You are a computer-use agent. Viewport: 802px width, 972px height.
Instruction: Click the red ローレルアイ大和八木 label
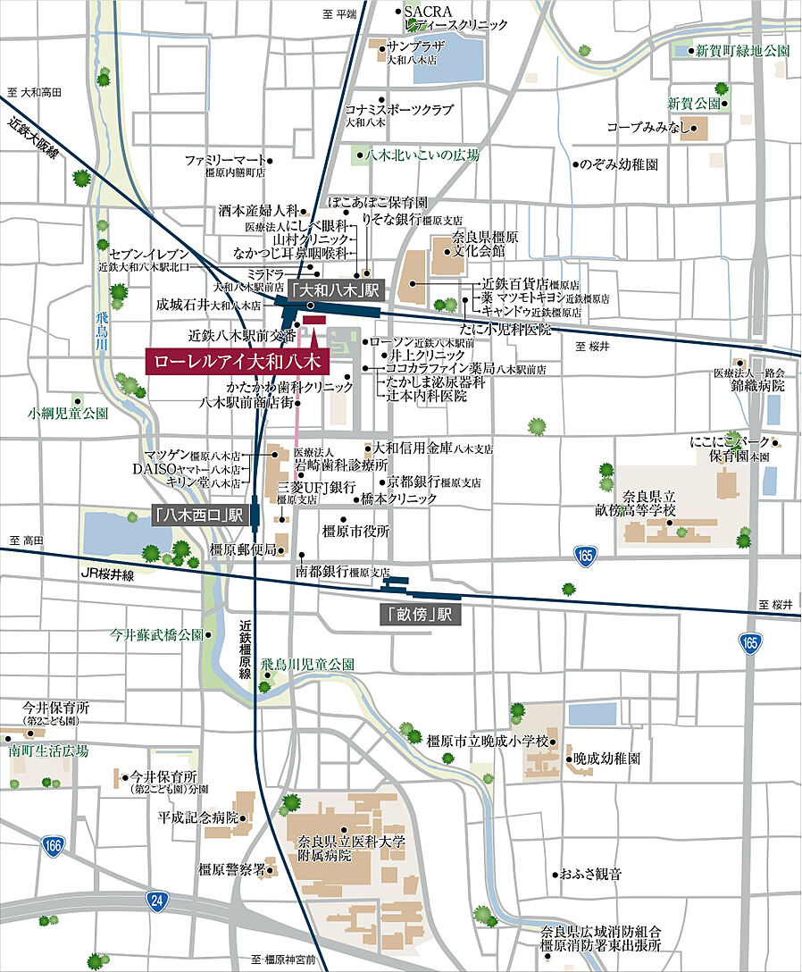point(237,364)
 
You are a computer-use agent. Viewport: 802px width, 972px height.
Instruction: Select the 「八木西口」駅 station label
point(198,515)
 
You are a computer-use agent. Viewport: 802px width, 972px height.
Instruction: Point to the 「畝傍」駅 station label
point(419,615)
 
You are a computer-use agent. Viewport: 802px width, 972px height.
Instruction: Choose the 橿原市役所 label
point(356,531)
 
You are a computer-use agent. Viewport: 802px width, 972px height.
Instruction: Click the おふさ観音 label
point(591,873)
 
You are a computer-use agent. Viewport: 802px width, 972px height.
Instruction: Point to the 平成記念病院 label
point(198,817)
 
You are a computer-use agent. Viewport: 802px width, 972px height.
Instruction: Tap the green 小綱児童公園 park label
point(68,414)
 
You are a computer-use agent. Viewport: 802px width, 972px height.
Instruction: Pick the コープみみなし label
point(648,128)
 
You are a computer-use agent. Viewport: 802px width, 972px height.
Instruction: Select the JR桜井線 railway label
point(107,576)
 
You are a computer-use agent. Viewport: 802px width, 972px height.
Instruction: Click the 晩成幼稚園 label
point(607,758)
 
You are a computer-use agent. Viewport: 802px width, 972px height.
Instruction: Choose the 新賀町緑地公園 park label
point(743,51)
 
